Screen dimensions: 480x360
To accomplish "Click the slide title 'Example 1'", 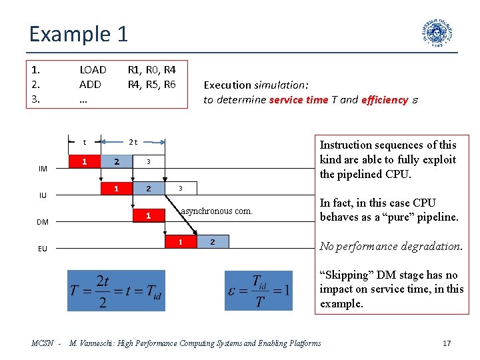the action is pos(79,33).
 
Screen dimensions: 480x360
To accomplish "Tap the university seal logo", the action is pos(437,33).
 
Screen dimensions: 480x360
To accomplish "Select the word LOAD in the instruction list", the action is pos(93,69).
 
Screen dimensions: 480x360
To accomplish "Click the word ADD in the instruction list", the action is pos(90,85).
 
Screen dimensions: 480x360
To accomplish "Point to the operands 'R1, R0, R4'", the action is pos(151,69).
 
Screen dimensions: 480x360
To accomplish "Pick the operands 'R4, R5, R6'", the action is pos(151,85).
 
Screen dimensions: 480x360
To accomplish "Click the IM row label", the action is pos(43,169).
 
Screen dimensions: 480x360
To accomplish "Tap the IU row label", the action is pos(43,195).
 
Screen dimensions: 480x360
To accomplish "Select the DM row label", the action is pos(43,222).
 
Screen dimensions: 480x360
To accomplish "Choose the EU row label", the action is pos(43,249).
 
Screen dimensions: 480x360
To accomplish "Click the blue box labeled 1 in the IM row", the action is pos(84,161).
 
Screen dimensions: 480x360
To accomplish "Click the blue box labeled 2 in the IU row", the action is pos(149,189).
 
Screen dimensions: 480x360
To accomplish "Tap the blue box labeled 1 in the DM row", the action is pos(149,215).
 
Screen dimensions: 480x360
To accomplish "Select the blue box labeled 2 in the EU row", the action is pos(213,242).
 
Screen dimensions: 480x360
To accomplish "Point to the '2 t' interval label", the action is pos(133,141).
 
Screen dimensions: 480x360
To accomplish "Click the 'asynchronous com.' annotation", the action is pos(217,211).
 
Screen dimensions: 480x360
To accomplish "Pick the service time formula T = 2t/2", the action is pos(115,290).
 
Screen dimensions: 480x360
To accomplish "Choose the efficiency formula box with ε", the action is pos(258,290).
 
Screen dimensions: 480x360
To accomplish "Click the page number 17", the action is pos(447,343).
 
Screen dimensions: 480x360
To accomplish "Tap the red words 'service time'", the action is pos(300,100).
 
